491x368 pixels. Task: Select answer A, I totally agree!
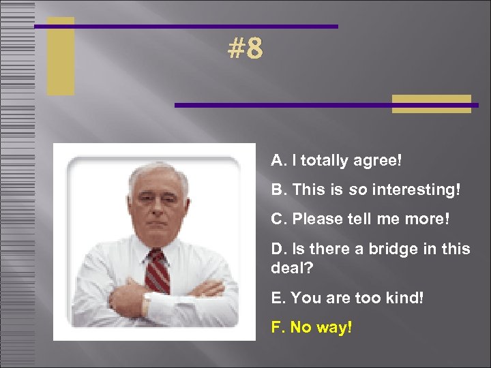pyautogui.click(x=336, y=161)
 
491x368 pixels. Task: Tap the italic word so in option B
pyautogui.click(x=357, y=189)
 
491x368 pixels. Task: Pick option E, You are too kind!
pyautogui.click(x=347, y=298)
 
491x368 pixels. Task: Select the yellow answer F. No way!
pyautogui.click(x=311, y=327)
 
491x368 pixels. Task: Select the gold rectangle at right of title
pyautogui.click(x=431, y=104)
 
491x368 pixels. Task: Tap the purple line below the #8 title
pyautogui.click(x=326, y=105)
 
